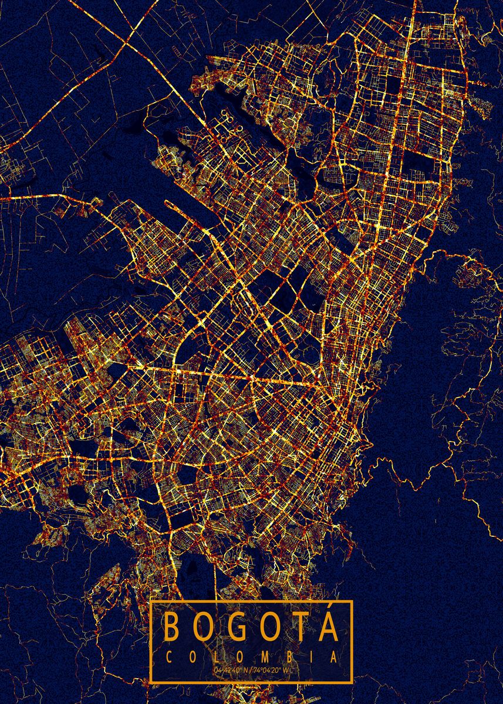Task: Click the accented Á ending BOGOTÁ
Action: [328, 628]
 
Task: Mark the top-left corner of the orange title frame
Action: [151, 601]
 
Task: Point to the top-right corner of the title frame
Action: [352, 601]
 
